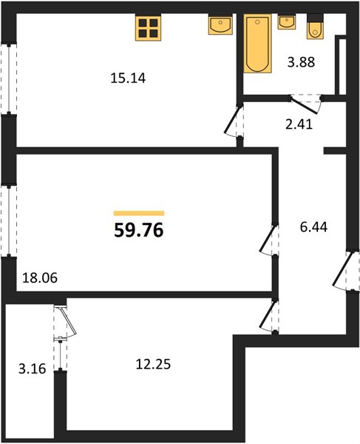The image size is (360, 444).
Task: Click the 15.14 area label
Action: [128, 78]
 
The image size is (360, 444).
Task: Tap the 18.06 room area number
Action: [40, 277]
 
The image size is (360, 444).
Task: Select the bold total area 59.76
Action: [139, 229]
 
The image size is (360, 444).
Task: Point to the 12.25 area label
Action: [153, 364]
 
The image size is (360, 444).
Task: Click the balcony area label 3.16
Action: [32, 369]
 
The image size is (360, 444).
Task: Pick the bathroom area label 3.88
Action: [301, 62]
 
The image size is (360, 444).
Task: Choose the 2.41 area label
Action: [299, 124]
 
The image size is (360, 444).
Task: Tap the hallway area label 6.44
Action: [313, 227]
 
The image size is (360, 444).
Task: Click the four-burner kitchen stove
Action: [148, 27]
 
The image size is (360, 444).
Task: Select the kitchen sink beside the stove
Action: [220, 24]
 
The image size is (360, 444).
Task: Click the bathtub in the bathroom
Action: [257, 43]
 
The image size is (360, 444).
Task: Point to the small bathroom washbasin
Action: [287, 21]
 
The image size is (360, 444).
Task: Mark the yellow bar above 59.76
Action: [139, 213]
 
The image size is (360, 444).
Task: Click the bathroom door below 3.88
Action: [306, 104]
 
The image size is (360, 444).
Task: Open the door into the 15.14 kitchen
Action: [234, 121]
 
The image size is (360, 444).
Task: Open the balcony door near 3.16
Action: [66, 322]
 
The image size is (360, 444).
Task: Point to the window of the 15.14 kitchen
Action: [9, 78]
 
